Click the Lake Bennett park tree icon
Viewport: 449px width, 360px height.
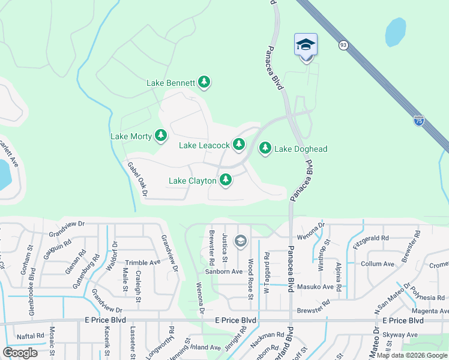tap(204, 82)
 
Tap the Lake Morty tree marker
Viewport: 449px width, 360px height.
tap(160, 136)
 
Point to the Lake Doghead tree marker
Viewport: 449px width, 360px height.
tap(265, 148)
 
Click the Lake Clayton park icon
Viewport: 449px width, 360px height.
tap(226, 179)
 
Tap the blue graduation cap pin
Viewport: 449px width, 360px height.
tap(306, 45)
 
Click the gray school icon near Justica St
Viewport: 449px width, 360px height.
tap(241, 241)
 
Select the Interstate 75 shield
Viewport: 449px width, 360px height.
tap(418, 121)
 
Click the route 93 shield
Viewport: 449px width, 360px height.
tap(343, 45)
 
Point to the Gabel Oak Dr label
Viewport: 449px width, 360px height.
tap(137, 178)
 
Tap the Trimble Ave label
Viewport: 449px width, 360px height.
tap(142, 263)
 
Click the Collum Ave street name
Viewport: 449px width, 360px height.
tap(378, 264)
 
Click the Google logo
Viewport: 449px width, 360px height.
tap(20, 352)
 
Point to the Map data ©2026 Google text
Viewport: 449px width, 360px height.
tap(412, 355)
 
